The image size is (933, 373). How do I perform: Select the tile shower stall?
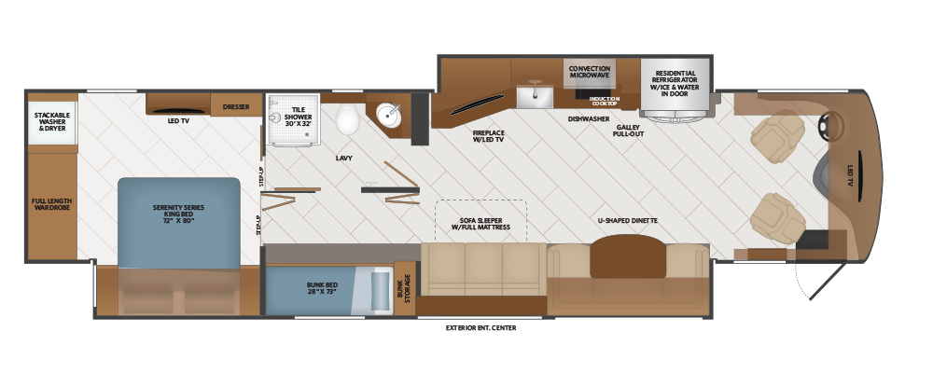[x=293, y=119]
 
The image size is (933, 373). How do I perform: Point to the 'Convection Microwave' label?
[x=590, y=72]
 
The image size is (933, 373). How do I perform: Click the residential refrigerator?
[x=675, y=87]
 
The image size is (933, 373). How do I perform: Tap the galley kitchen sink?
[x=535, y=95]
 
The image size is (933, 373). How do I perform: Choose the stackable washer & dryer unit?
[x=52, y=122]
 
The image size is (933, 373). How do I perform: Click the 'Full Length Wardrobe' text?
[x=51, y=204]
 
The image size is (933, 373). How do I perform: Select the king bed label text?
[x=178, y=214]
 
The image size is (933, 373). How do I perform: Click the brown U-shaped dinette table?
[x=628, y=256]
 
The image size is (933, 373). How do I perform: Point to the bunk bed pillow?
[x=382, y=290]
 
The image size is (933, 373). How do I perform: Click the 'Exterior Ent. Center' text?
[x=480, y=328]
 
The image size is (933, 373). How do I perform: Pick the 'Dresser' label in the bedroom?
[x=236, y=107]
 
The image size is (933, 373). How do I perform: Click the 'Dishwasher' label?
[x=588, y=119]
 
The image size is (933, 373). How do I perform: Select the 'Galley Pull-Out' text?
[x=628, y=131]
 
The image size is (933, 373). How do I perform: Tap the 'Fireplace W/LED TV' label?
[x=488, y=136]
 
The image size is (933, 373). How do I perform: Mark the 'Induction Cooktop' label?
[x=605, y=101]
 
